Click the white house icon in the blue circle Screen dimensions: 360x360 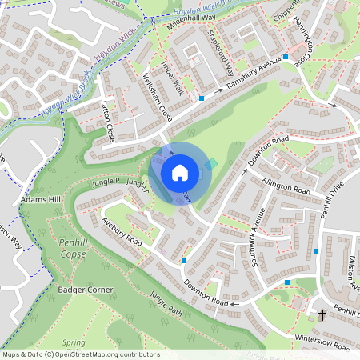tap(179, 172)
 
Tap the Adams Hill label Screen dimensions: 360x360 tap(42, 198)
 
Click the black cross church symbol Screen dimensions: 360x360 tap(322, 315)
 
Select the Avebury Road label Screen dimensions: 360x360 tap(122, 231)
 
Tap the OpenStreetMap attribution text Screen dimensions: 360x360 tap(81, 354)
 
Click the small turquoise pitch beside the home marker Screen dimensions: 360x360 tap(211, 163)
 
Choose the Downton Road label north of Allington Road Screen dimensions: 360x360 tap(267, 150)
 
